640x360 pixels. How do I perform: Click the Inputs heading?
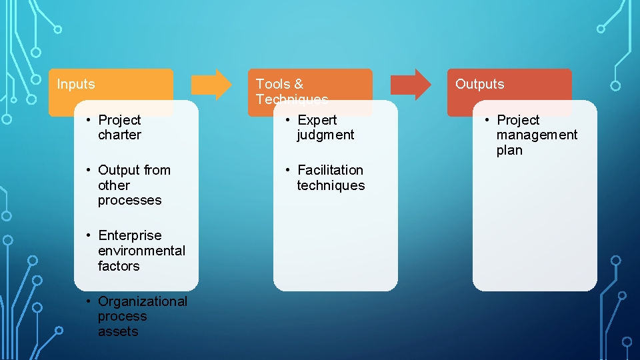coord(76,84)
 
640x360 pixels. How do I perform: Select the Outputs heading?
coord(479,84)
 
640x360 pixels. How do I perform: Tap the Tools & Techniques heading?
coord(292,91)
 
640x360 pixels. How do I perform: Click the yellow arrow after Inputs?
coord(211,84)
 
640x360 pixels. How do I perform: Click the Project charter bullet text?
coord(119,127)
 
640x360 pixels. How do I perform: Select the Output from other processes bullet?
coord(133,185)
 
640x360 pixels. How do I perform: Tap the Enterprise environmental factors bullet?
coord(141,251)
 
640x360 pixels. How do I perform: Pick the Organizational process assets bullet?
coord(142,316)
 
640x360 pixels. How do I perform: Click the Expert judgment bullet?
coord(325,127)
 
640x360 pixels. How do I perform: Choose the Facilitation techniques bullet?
coord(331,177)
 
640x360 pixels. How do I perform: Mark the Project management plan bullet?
coord(536,135)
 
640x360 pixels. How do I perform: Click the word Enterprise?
coord(129,235)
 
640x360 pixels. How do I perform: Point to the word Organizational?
coord(143,301)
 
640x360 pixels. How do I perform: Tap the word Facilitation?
coord(330,170)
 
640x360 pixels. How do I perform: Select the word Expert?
coord(317,120)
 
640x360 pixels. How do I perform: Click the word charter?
coord(119,135)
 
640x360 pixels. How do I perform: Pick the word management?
coord(537,135)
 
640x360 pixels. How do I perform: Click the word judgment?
coord(325,135)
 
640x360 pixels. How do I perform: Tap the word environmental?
coord(141,251)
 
